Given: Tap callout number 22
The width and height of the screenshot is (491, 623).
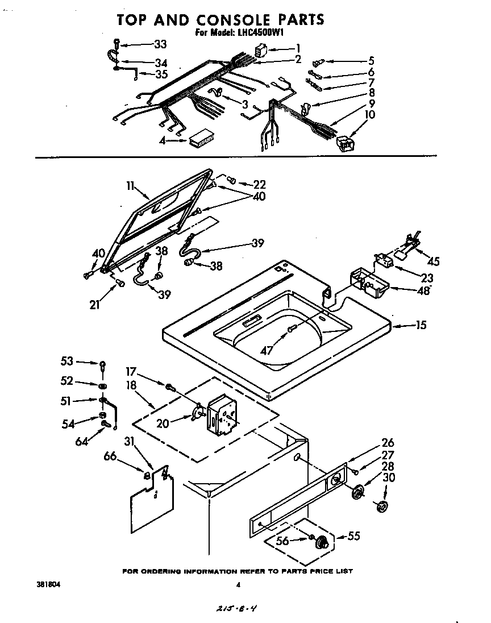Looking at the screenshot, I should click(260, 184).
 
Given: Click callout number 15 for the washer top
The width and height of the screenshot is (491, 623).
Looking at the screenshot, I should click(421, 325).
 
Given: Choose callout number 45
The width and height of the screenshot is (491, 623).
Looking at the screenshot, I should click(433, 261).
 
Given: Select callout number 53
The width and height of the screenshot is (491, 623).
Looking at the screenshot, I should click(67, 360).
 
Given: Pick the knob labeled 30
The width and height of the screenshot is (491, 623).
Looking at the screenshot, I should click(382, 506).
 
